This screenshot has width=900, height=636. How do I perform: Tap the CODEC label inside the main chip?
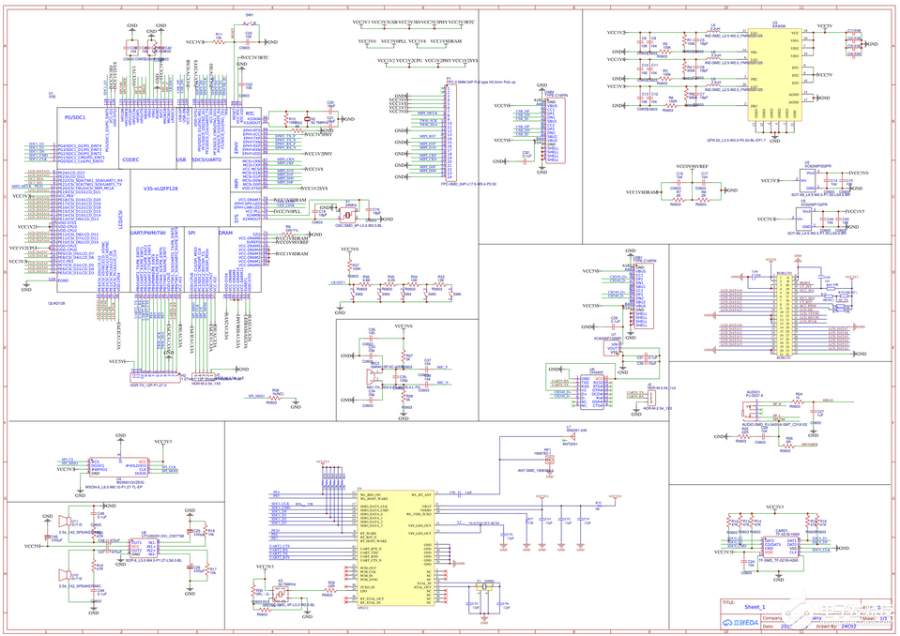point(130,159)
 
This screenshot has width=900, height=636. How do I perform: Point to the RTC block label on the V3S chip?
point(250,114)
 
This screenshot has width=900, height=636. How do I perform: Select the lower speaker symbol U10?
point(65,571)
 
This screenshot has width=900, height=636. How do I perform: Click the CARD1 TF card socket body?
point(782,544)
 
